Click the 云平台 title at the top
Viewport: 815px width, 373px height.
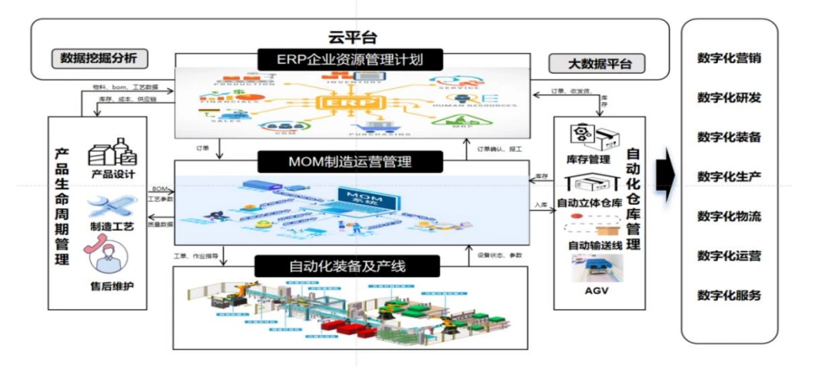click(349, 37)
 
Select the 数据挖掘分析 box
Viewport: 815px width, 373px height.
click(99, 58)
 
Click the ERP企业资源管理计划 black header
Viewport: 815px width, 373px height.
click(350, 59)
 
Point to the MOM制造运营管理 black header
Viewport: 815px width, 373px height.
click(350, 162)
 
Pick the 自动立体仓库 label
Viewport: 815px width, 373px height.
click(589, 203)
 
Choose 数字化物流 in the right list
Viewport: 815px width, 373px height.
click(729, 216)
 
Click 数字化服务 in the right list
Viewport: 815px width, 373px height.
click(729, 295)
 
